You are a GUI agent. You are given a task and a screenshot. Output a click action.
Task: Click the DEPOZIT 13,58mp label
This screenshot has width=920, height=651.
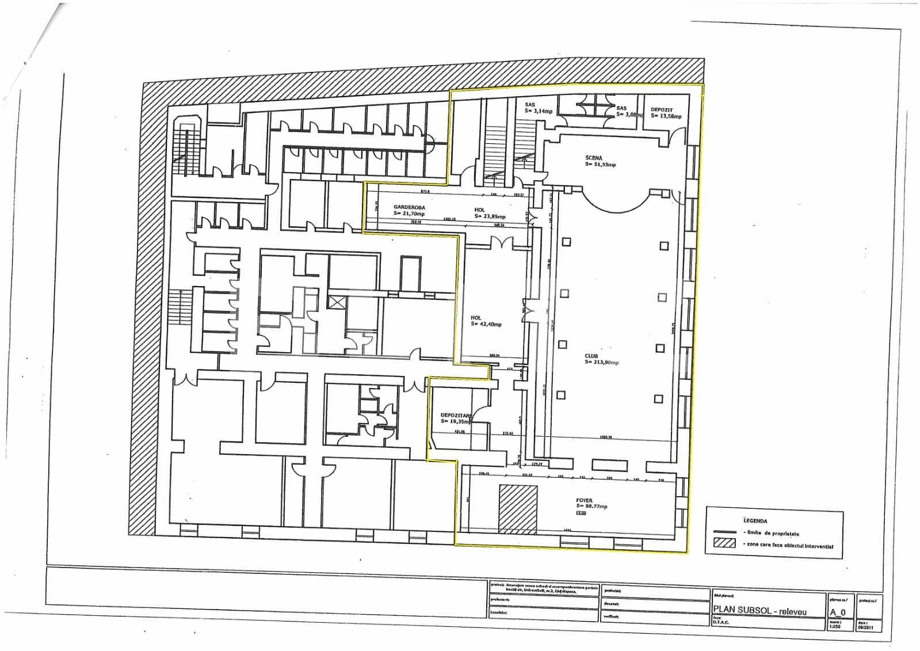click(x=666, y=112)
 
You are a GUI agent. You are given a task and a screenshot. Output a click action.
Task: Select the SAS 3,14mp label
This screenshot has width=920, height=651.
click(x=537, y=108)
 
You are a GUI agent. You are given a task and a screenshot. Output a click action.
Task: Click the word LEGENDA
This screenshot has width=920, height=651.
click(x=755, y=520)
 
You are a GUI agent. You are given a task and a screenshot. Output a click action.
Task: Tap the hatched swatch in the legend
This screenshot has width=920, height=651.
click(x=724, y=543)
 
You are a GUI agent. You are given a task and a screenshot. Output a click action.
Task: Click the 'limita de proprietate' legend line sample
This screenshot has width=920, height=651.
click(x=724, y=532)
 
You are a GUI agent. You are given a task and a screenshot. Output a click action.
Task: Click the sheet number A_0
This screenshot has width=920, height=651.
click(x=837, y=612)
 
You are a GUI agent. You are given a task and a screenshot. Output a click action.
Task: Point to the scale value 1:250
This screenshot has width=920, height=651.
click(x=834, y=626)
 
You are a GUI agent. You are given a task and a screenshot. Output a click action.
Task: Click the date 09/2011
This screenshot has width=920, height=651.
click(x=865, y=627)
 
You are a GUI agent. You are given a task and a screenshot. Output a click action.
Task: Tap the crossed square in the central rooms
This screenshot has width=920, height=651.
click(x=335, y=302)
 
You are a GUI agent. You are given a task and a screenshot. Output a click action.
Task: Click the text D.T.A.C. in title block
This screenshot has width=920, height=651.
click(x=720, y=622)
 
